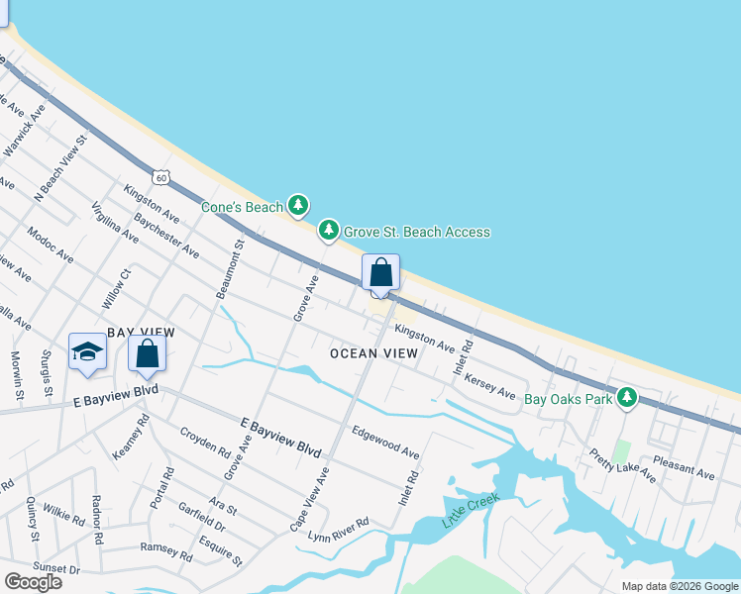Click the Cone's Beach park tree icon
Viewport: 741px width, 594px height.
pos(298,206)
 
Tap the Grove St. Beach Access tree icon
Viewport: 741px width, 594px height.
pos(329,232)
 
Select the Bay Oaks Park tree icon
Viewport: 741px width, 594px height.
pos(626,399)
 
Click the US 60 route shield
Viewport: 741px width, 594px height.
pos(161,176)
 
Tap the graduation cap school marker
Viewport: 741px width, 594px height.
pos(87,351)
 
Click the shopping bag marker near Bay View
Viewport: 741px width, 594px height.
pos(147,353)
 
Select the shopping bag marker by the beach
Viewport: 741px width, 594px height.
pos(380,272)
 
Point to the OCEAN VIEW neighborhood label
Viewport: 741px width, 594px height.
pos(374,352)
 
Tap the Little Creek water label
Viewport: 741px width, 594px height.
pos(466,509)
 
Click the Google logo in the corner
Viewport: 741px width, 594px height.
pos(33,582)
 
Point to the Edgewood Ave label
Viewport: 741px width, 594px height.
pos(386,442)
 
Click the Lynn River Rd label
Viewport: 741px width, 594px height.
pos(338,529)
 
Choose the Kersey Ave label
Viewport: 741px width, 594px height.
pos(490,385)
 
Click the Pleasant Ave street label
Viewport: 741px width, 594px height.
pos(684,467)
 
